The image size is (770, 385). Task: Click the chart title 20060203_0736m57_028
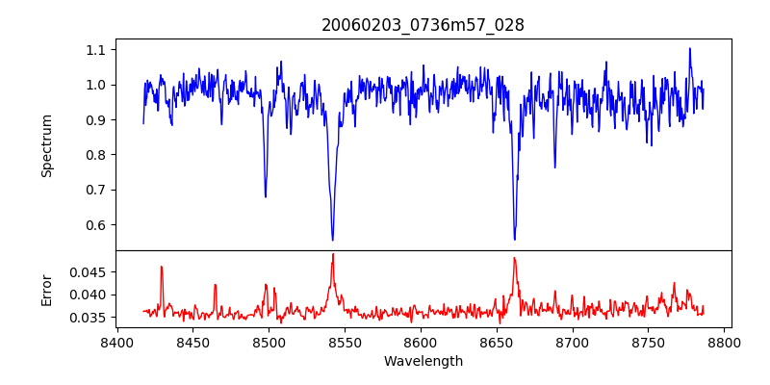(x=423, y=26)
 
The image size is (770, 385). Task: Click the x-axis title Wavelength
(x=423, y=361)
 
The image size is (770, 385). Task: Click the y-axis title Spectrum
(x=47, y=145)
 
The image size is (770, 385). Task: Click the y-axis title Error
(x=47, y=290)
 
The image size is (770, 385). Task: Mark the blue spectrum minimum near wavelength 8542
(x=332, y=240)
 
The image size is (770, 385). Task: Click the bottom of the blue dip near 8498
(x=266, y=196)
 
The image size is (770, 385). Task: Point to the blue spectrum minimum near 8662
(x=515, y=240)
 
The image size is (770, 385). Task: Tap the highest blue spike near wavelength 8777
(x=689, y=49)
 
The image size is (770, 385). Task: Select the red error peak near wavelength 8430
(x=162, y=267)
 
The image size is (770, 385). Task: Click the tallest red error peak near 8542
(x=332, y=254)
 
